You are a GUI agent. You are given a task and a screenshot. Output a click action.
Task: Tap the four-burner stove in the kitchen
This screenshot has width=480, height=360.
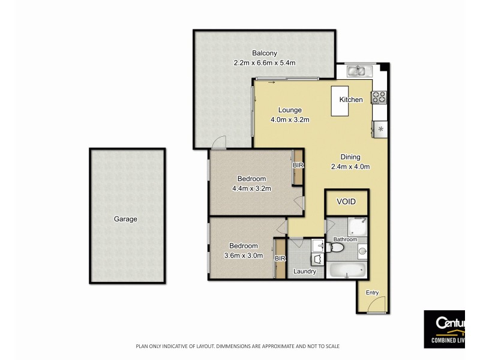click(379, 97)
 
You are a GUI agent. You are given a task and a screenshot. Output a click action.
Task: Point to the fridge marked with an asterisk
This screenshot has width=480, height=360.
click(380, 128)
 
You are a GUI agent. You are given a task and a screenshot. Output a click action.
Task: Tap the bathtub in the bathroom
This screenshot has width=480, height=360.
click(346, 270)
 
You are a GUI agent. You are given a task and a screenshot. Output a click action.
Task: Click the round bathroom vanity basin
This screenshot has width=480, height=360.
click(362, 249)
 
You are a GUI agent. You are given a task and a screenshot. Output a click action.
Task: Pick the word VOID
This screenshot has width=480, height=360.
click(346, 203)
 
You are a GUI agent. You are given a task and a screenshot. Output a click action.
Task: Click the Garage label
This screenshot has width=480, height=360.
click(125, 219)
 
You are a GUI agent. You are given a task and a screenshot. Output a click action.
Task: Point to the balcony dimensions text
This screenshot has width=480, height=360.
click(265, 62)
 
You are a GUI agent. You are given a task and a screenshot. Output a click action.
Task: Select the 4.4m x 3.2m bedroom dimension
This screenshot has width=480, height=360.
click(251, 188)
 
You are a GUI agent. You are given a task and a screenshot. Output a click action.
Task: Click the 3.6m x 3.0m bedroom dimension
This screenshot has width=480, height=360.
click(243, 255)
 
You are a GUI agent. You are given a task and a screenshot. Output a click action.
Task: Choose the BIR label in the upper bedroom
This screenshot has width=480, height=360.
click(298, 165)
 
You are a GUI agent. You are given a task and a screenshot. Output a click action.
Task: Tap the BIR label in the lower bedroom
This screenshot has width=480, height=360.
click(279, 258)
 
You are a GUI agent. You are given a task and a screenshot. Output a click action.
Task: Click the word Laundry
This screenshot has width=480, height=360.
click(304, 271)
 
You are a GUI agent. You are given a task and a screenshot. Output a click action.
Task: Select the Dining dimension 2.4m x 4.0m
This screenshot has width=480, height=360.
click(351, 167)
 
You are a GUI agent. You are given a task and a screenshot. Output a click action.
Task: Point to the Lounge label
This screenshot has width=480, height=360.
click(289, 110)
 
